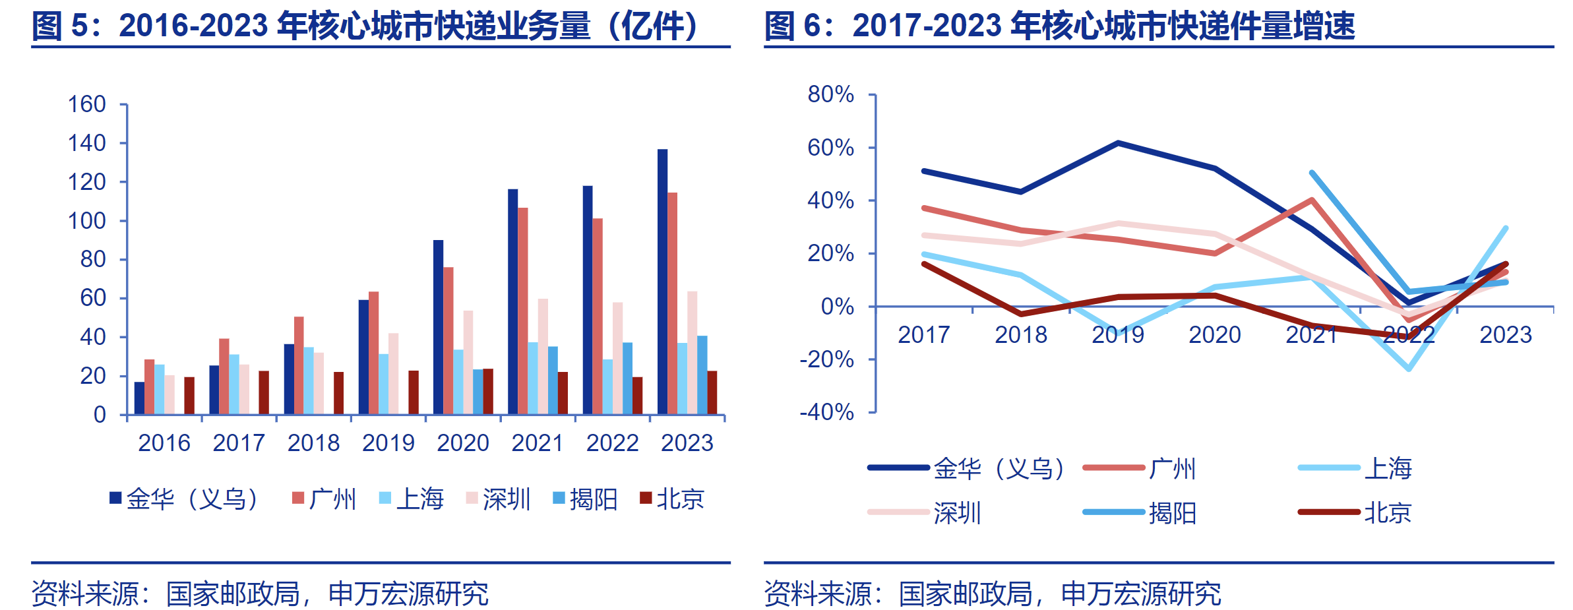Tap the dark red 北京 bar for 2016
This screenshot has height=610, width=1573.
pos(189,396)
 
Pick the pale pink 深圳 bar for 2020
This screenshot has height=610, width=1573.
pos(468,363)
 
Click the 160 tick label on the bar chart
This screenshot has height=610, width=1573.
pos(86,104)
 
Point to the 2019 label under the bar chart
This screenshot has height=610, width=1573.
pos(388,442)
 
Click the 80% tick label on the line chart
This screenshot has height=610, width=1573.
pos(830,94)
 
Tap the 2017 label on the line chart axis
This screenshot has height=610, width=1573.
pos(923,334)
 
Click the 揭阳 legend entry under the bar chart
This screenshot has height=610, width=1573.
pos(585,499)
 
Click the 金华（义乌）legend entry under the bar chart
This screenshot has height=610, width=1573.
pos(185,499)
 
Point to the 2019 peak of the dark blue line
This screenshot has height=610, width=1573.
pos(1118,142)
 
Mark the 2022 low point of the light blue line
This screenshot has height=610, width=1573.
pos(1409,369)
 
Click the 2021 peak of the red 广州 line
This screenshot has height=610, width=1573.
pos(1312,200)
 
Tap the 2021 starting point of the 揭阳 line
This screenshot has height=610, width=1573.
pos(1312,173)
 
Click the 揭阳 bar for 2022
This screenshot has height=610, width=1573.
pos(627,379)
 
